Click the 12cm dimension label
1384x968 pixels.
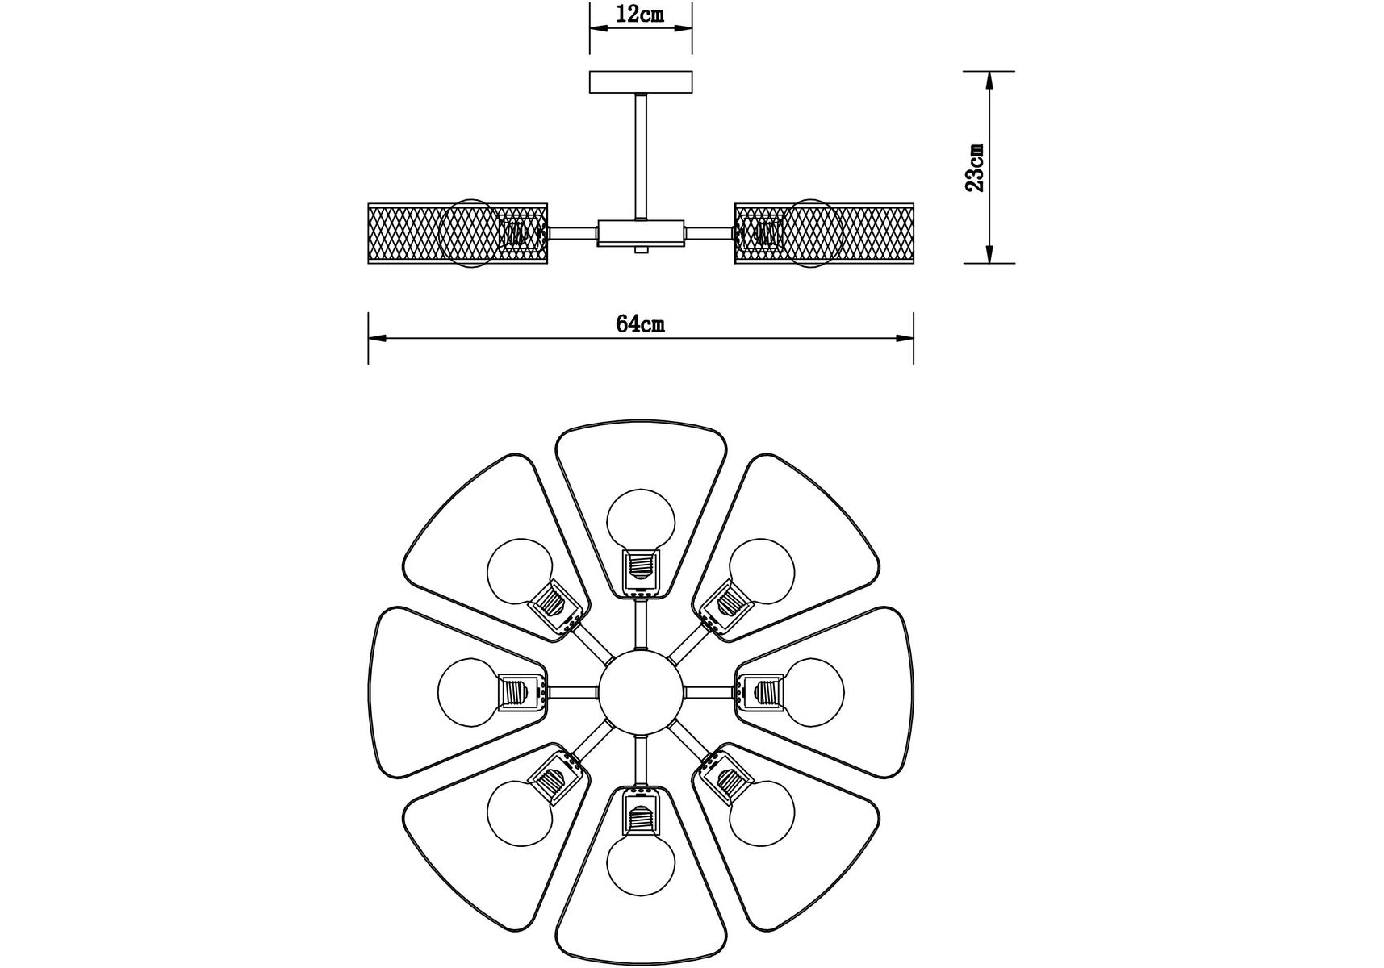click(640, 15)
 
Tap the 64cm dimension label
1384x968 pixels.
click(641, 324)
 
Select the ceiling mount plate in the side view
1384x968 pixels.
click(641, 82)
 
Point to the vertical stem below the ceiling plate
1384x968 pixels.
click(641, 156)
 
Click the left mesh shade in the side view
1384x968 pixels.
click(458, 233)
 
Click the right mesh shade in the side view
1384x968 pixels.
click(824, 233)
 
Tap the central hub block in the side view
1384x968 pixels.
click(641, 233)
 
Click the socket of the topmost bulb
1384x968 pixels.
click(641, 569)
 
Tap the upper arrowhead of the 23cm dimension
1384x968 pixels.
click(990, 81)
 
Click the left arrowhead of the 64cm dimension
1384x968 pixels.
click(378, 339)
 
